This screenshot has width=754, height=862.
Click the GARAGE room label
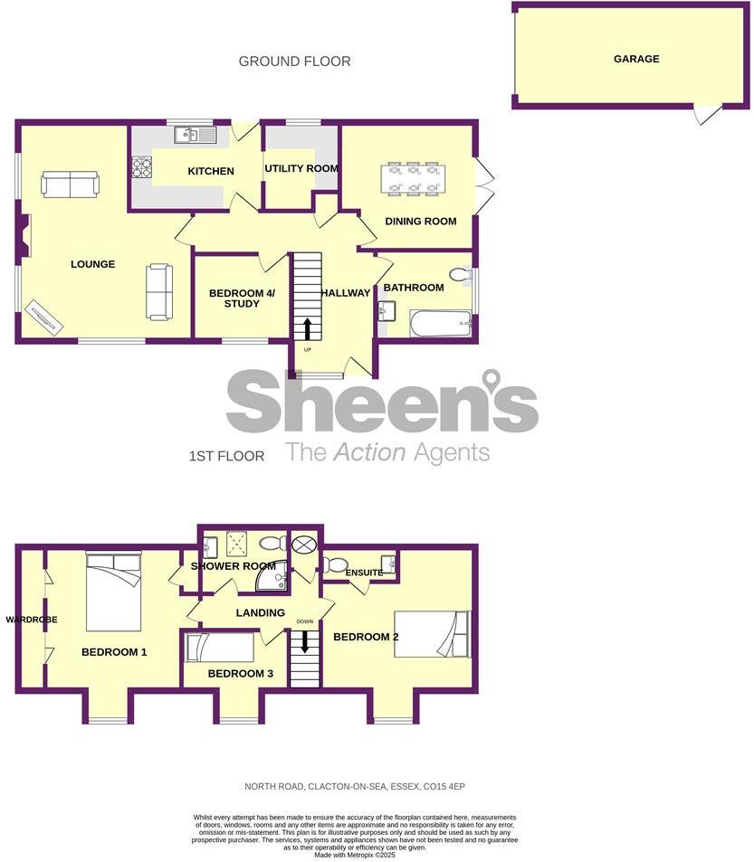(x=636, y=59)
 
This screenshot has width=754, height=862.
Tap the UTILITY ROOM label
(x=301, y=168)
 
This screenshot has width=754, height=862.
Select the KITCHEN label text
(x=211, y=171)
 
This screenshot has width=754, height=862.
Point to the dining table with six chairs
(x=414, y=177)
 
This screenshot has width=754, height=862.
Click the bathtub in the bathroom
(x=441, y=323)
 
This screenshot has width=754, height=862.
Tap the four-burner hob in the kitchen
(x=143, y=167)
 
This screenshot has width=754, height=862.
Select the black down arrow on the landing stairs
(x=305, y=640)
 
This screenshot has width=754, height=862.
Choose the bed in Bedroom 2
(x=433, y=633)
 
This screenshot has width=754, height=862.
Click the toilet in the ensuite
(x=334, y=565)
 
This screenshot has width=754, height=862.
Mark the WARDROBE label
(x=32, y=620)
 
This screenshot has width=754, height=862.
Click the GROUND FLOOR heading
(x=294, y=62)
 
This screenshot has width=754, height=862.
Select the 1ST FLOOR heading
(x=226, y=457)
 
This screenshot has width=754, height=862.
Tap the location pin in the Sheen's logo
(x=492, y=381)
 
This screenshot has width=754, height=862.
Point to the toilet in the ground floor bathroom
(x=459, y=274)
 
